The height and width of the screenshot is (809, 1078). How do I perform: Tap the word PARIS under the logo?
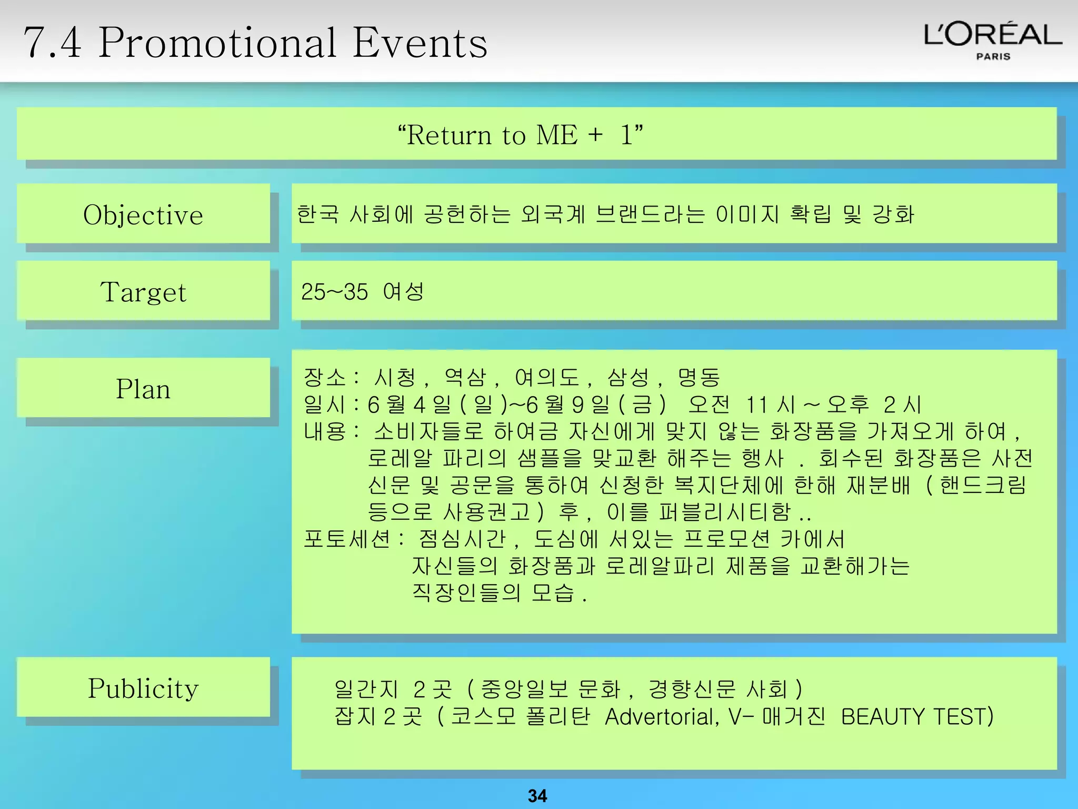pyautogui.click(x=993, y=56)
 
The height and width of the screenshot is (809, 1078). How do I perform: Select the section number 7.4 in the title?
pyautogui.click(x=53, y=43)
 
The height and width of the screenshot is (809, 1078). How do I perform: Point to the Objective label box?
pyautogui.click(x=143, y=214)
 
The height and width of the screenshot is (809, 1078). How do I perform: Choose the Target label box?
pyautogui.click(x=143, y=291)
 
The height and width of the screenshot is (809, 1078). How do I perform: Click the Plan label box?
pyautogui.click(x=143, y=389)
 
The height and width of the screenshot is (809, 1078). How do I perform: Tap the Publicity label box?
pyautogui.click(x=143, y=687)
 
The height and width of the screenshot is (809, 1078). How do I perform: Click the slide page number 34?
pyautogui.click(x=537, y=795)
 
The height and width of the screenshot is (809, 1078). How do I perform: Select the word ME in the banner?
pyautogui.click(x=556, y=135)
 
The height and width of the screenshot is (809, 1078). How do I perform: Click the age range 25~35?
pyautogui.click(x=334, y=292)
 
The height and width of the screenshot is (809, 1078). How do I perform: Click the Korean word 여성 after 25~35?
pyautogui.click(x=403, y=291)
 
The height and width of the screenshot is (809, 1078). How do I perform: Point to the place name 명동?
pyautogui.click(x=698, y=377)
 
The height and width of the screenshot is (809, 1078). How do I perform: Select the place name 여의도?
pyautogui.click(x=546, y=377)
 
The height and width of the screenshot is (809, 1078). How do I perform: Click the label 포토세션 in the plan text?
pyautogui.click(x=347, y=539)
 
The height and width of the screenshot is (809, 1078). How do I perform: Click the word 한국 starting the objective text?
pyautogui.click(x=317, y=214)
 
